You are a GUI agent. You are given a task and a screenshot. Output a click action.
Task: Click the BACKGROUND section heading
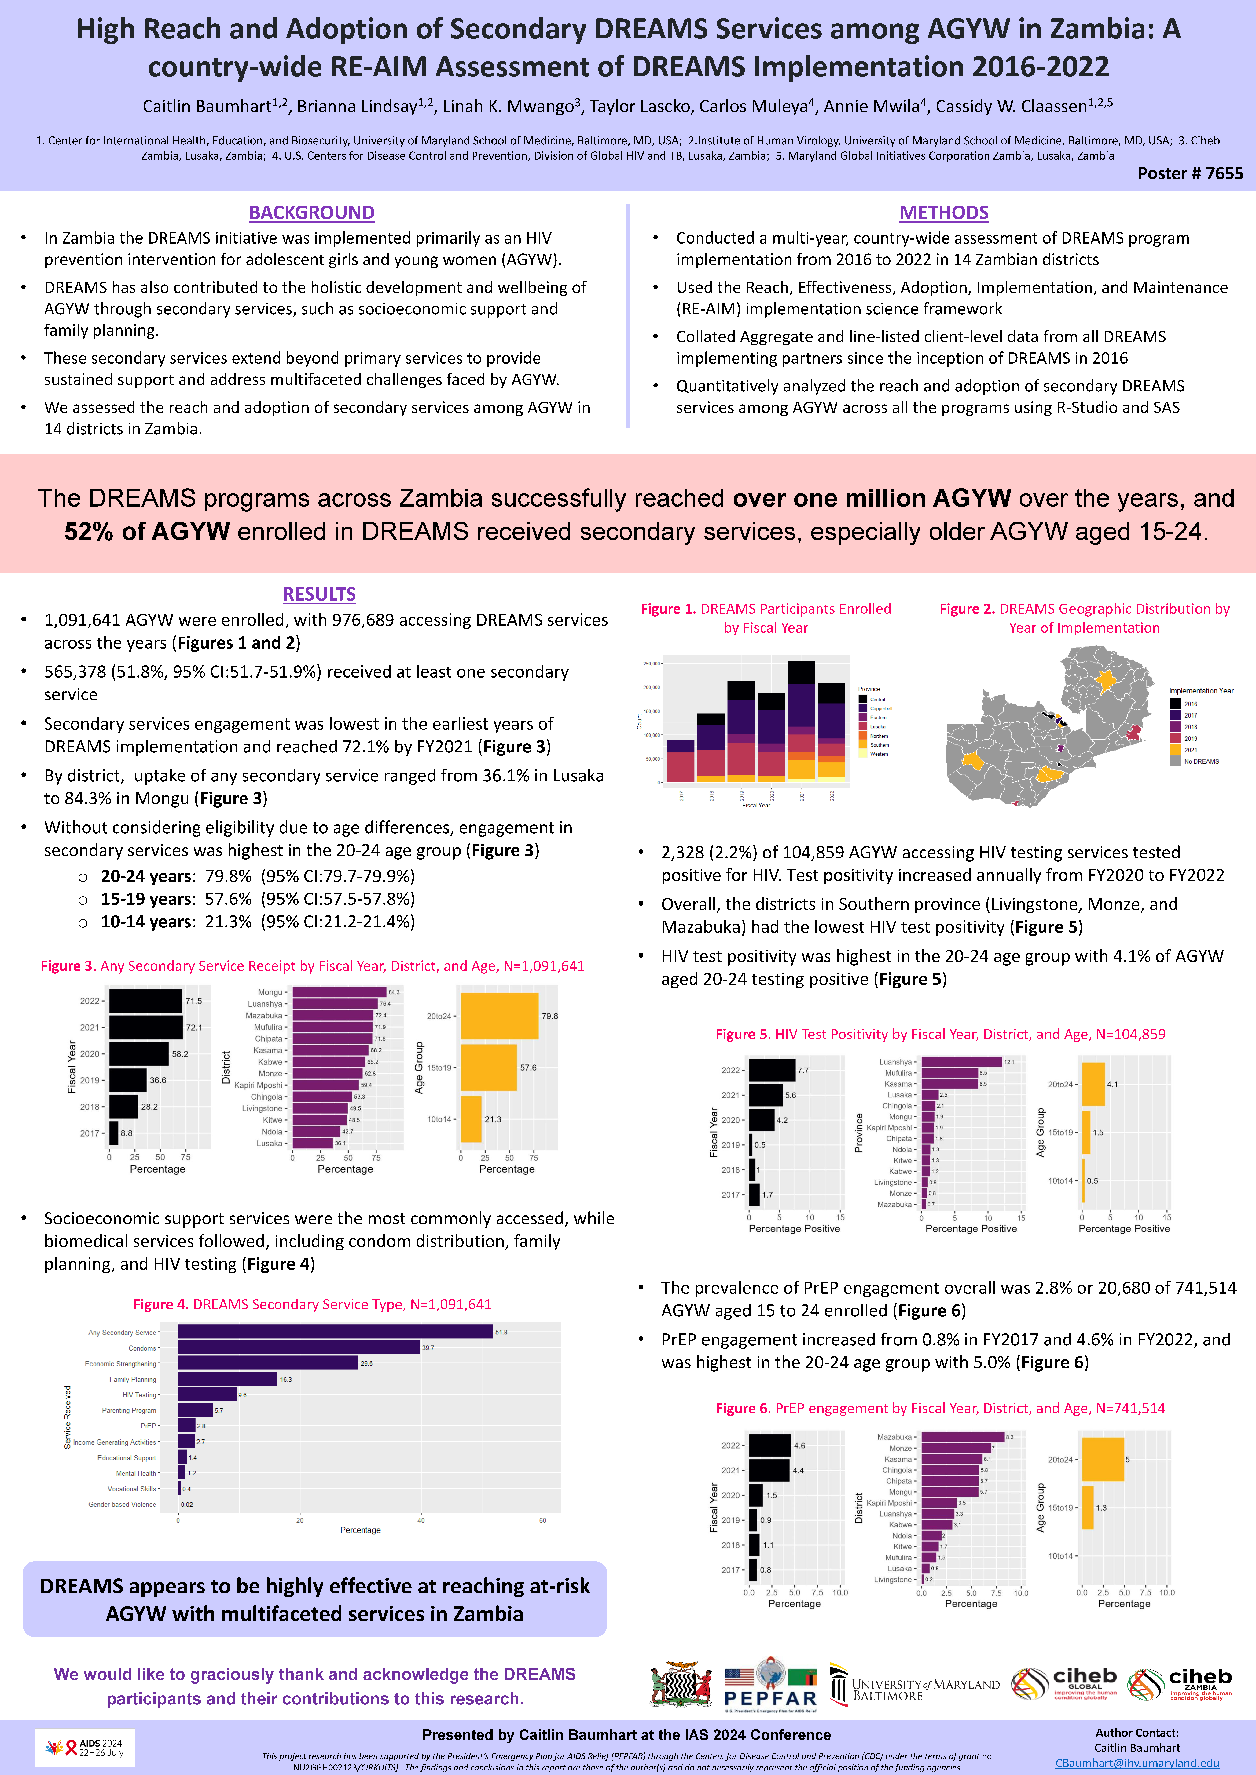coord(312,213)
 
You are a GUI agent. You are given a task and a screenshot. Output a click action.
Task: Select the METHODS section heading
coord(944,213)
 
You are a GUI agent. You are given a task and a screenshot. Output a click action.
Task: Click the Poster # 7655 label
coord(1189,173)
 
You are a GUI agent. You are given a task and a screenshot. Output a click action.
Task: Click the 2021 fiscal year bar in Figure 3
coord(145,1028)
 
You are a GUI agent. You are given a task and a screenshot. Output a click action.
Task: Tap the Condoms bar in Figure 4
coord(299,1348)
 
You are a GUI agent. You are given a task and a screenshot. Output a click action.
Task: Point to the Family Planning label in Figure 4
coord(133,1379)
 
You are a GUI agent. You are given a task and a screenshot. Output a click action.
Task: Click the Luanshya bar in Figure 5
coord(961,1062)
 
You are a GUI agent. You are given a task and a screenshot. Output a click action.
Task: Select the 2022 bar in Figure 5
coord(772,1070)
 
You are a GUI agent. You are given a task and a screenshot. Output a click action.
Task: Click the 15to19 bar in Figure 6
coord(1087,1508)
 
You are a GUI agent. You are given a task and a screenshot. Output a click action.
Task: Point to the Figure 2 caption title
coord(1084,618)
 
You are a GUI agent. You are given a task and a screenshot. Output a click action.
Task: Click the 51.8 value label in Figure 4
coord(501,1332)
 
